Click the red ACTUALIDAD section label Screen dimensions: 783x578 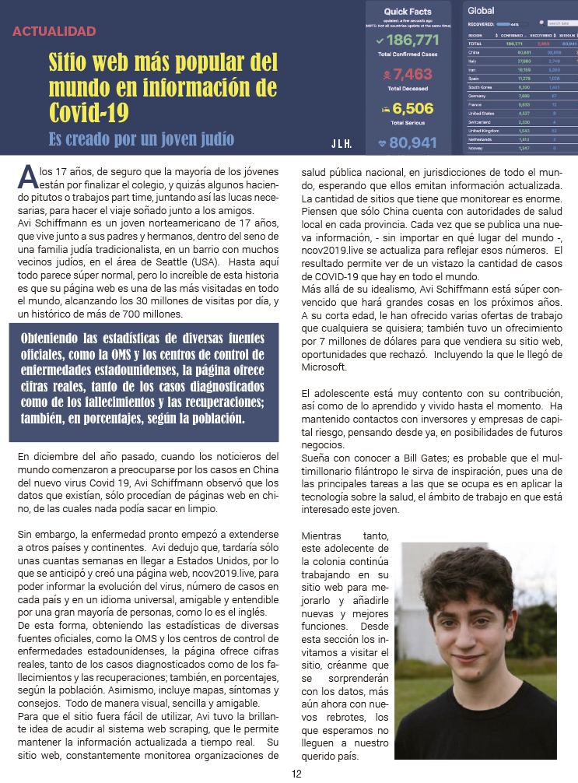54,32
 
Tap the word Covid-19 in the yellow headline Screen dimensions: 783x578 89,111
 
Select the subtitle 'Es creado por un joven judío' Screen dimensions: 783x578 141,140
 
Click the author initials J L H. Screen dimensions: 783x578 341,144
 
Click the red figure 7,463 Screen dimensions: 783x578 412,75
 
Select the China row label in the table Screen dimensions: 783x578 474,52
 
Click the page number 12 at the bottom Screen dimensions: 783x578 296,774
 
